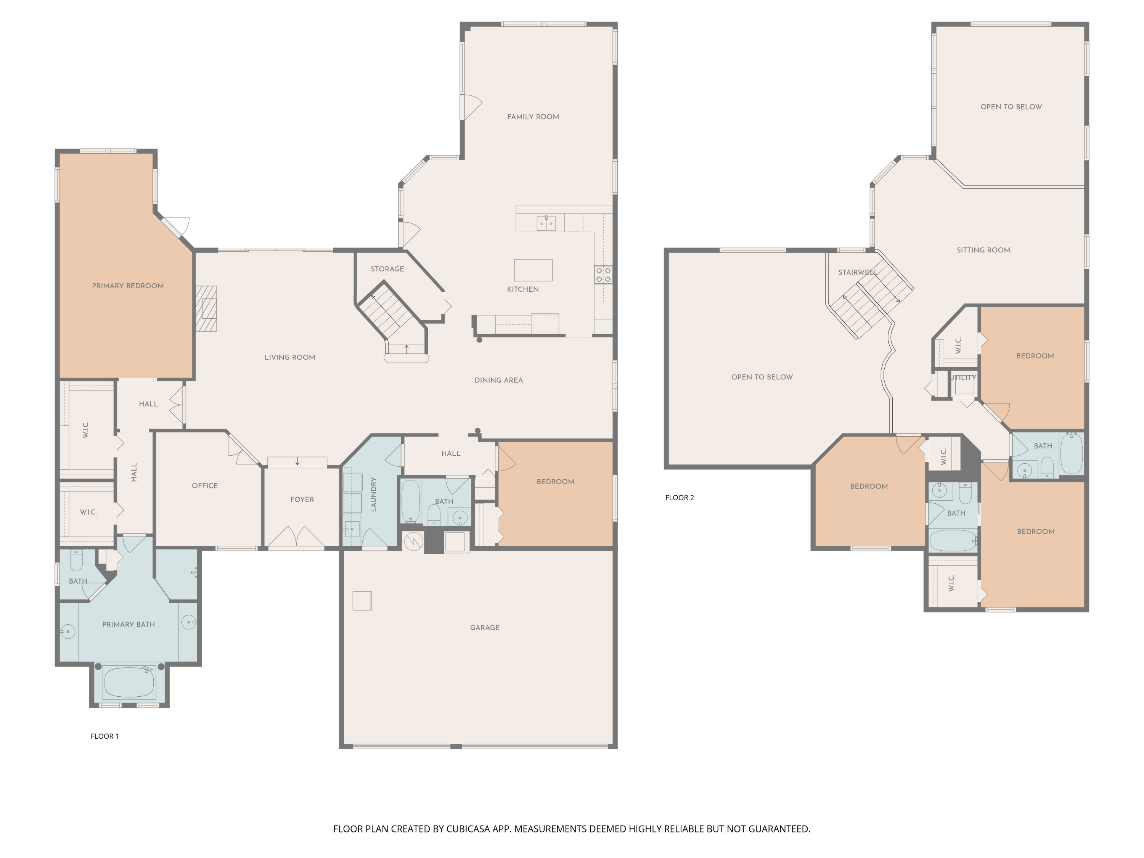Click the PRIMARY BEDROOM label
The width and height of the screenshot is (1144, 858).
click(x=128, y=286)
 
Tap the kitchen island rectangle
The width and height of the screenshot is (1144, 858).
click(x=533, y=270)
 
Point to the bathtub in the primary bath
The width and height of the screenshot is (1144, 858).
click(x=129, y=682)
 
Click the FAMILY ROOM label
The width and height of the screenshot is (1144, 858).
click(x=533, y=117)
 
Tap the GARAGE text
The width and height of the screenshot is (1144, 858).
click(x=485, y=627)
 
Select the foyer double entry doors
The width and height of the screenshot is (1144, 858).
click(x=296, y=537)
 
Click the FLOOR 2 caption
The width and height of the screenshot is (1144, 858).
click(x=679, y=498)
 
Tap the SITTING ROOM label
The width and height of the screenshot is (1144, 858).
click(x=983, y=250)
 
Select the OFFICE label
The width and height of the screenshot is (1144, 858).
click(x=205, y=486)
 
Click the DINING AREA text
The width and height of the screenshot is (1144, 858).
click(x=498, y=380)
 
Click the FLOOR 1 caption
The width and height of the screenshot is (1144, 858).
click(x=104, y=736)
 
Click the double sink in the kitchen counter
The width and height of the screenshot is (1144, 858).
click(x=546, y=223)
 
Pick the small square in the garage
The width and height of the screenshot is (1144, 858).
click(x=362, y=601)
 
